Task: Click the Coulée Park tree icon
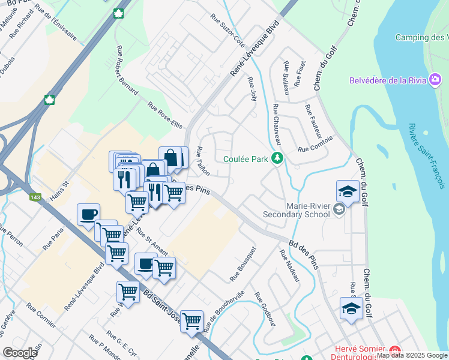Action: tap(277, 159)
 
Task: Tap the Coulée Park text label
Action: tap(246, 159)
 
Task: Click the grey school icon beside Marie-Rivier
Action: tap(339, 209)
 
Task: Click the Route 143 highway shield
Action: tap(38, 197)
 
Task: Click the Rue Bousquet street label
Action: tap(243, 264)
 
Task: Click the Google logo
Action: tap(20, 353)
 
